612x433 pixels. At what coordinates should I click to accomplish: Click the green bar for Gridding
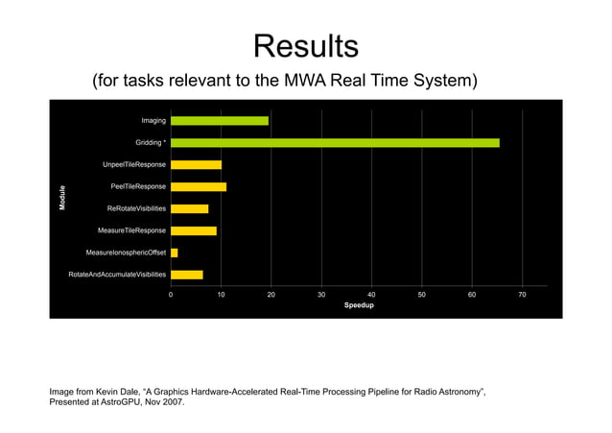click(335, 143)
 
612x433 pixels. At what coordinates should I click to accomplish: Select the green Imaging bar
click(220, 121)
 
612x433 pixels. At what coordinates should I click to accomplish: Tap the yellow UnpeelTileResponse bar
click(196, 165)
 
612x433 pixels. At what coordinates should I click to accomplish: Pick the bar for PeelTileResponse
click(199, 186)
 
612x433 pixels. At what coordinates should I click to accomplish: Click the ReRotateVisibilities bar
click(189, 208)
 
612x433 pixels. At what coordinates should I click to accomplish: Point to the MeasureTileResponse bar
click(194, 230)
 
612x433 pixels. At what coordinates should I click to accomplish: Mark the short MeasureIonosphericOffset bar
click(175, 253)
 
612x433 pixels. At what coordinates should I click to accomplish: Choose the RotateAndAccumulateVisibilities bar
click(187, 275)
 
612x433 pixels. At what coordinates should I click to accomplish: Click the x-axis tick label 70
click(522, 294)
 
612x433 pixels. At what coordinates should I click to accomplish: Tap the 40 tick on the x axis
click(371, 294)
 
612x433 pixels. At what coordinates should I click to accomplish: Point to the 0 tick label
click(171, 294)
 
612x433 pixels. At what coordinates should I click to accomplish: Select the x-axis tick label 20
click(271, 294)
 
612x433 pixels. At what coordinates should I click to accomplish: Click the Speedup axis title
click(359, 305)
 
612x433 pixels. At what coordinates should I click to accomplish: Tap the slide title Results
click(306, 45)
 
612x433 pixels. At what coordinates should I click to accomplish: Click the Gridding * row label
click(151, 143)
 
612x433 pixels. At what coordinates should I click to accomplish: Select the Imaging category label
click(153, 121)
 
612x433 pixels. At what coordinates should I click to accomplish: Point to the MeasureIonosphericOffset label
click(126, 253)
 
